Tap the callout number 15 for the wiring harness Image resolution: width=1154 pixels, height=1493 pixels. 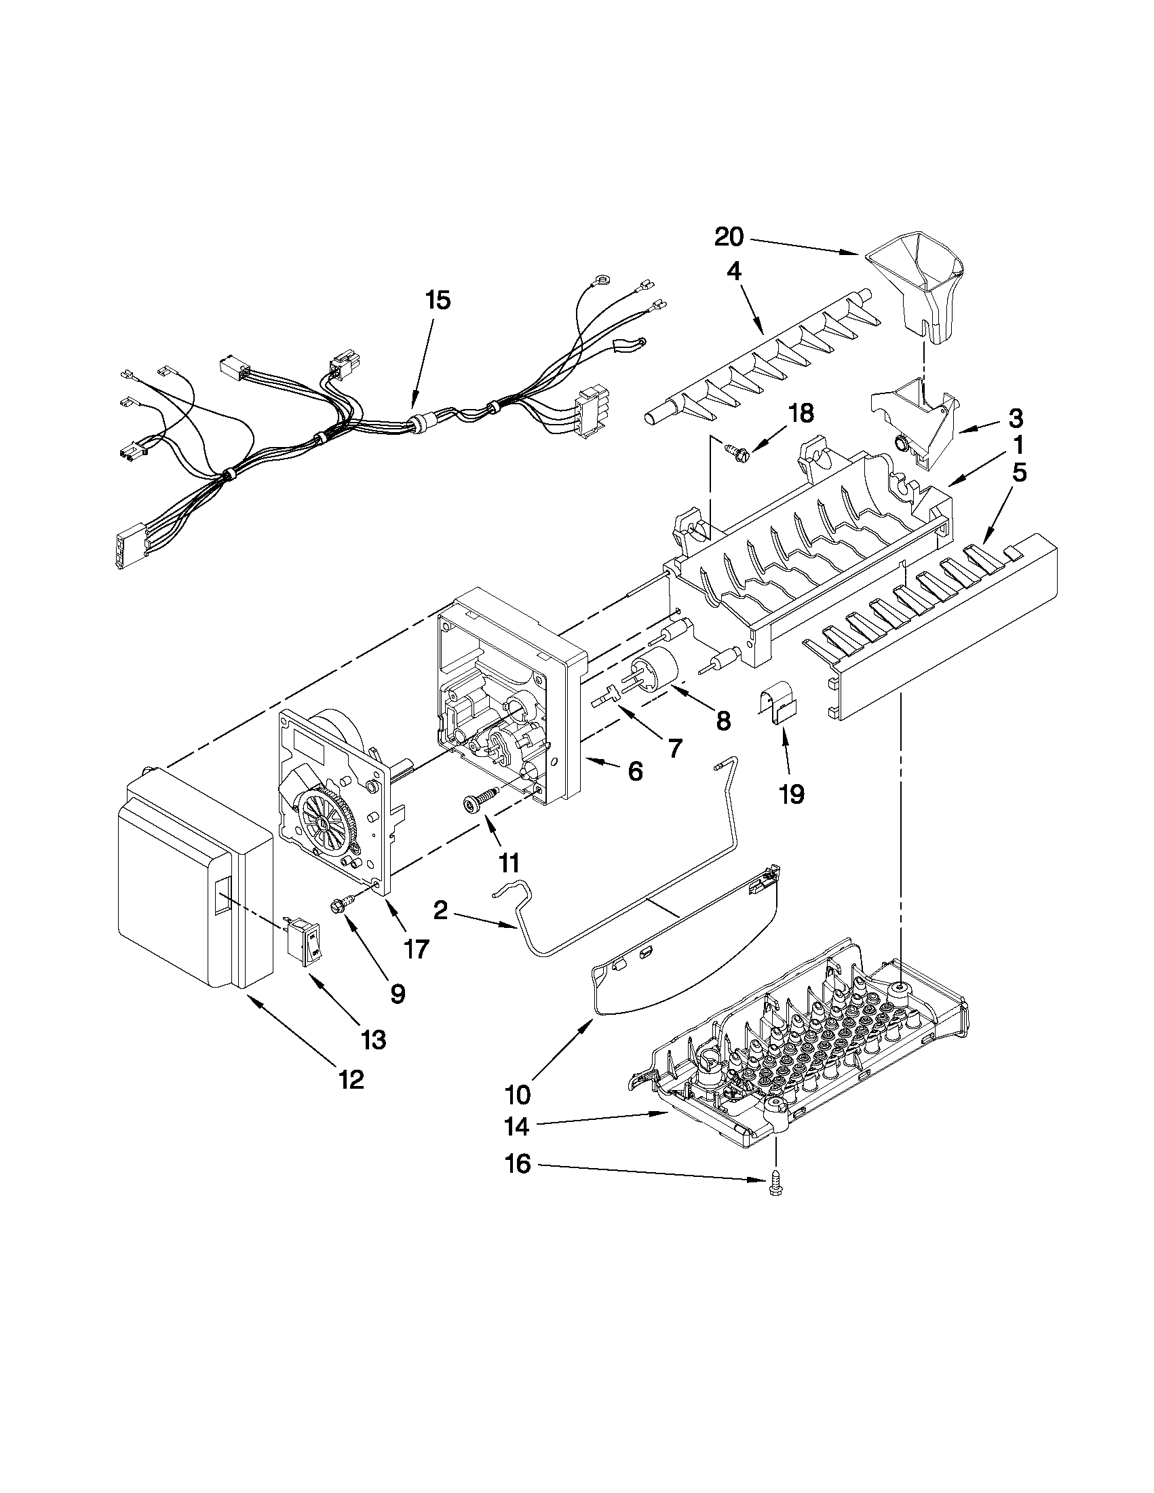[438, 300]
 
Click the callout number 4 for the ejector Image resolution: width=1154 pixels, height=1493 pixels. [733, 272]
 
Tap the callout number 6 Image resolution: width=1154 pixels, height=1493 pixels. [635, 772]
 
